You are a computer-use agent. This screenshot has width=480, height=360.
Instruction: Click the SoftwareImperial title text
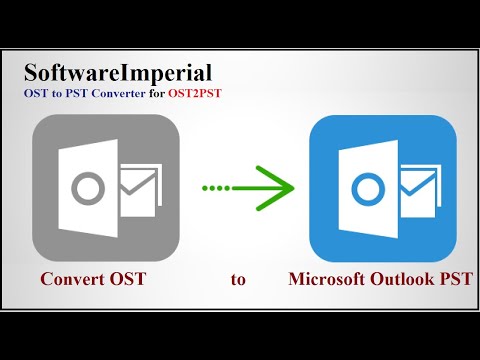tap(118, 72)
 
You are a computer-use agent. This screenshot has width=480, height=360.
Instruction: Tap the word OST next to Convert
tap(128, 279)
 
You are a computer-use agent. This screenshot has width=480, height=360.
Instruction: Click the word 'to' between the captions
tap(238, 279)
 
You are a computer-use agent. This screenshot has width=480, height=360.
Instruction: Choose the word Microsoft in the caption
tap(327, 279)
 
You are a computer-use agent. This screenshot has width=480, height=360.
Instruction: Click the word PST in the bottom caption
tap(455, 279)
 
